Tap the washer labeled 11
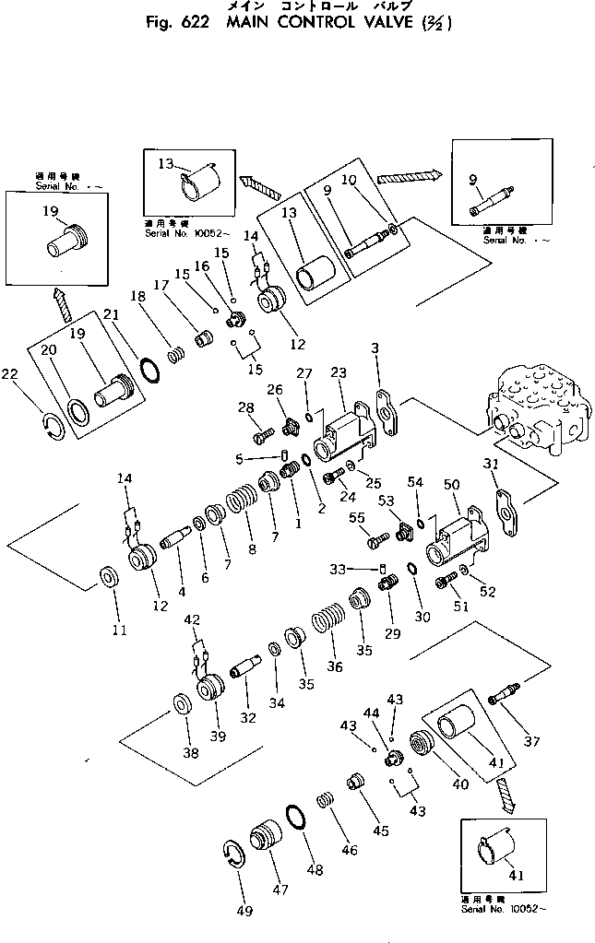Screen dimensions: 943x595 pos(108,579)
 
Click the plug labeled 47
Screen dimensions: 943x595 pos(268,842)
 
